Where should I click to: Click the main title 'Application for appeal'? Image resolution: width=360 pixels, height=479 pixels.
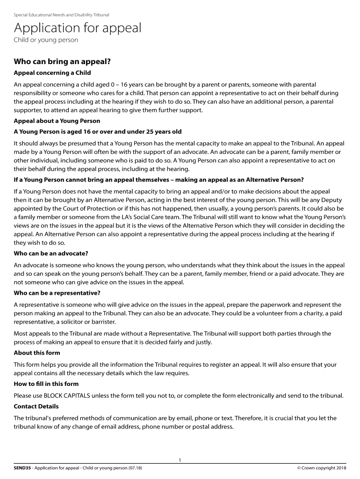pyautogui.click(x=77, y=29)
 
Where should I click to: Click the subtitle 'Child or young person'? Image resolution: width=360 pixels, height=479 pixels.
pyautogui.click(x=46, y=40)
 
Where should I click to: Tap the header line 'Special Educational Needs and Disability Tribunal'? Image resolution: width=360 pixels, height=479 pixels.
pyautogui.click(x=61, y=15)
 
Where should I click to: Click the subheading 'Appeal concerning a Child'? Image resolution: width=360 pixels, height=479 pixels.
pyautogui.click(x=52, y=73)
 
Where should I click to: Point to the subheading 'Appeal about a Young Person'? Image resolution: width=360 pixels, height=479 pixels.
pyautogui.click(x=57, y=121)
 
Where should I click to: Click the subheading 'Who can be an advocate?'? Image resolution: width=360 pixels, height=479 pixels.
pyautogui.click(x=51, y=253)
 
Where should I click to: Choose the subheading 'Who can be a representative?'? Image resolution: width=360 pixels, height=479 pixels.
pyautogui.click(x=57, y=293)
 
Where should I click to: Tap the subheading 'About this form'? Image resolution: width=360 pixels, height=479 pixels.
pyautogui.click(x=37, y=353)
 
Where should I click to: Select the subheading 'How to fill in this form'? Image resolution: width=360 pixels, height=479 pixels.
pyautogui.click(x=46, y=384)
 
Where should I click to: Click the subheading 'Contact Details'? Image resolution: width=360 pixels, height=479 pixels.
pyautogui.click(x=36, y=406)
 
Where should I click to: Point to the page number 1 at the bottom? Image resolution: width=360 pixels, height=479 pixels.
pyautogui.click(x=180, y=461)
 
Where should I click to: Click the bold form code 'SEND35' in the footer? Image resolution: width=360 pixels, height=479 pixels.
pyautogui.click(x=22, y=468)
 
